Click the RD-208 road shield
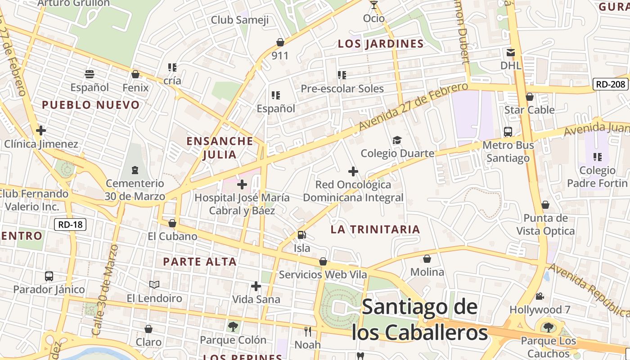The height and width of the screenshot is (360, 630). click(x=610, y=84)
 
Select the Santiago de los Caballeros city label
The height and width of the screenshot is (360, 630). click(x=419, y=320)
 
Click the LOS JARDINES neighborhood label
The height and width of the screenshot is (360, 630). click(x=381, y=44)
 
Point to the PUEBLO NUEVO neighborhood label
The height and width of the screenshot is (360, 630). click(x=91, y=105)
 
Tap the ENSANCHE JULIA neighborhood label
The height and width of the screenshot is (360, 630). click(x=220, y=148)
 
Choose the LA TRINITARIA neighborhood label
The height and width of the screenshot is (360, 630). click(x=375, y=229)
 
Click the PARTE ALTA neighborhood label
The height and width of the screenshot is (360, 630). click(x=200, y=261)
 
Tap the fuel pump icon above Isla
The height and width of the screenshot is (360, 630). click(x=301, y=234)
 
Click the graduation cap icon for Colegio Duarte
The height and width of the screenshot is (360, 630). click(x=397, y=140)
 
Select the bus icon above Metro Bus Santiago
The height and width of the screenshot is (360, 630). click(x=508, y=132)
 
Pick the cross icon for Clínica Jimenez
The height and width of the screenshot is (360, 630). click(x=41, y=131)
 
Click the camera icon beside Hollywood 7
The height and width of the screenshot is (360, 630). click(x=540, y=297)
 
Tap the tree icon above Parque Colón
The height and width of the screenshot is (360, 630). click(x=233, y=326)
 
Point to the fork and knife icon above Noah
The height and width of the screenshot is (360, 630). click(x=308, y=332)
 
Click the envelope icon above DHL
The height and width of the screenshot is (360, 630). click(x=511, y=53)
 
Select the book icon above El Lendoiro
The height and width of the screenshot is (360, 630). click(x=154, y=284)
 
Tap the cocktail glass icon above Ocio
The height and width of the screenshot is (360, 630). click(x=373, y=5)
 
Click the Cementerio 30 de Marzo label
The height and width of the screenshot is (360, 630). click(x=135, y=190)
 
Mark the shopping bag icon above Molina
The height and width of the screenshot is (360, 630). click(x=427, y=259)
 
